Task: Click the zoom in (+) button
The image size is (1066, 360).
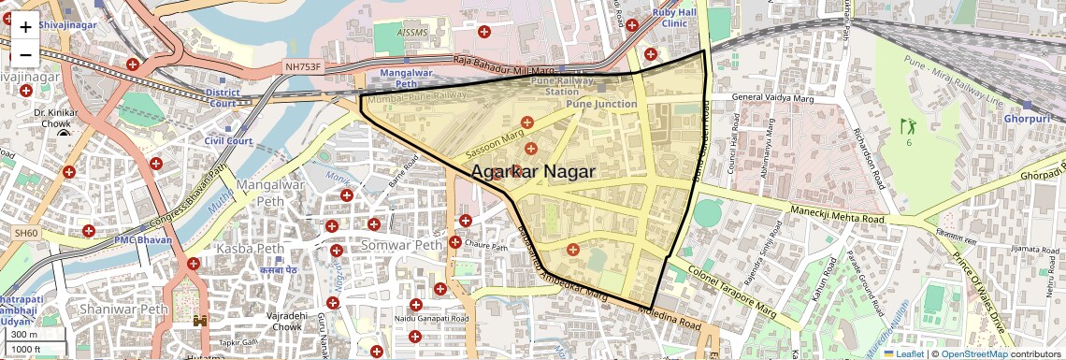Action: (x=25, y=26)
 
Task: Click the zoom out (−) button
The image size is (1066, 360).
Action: (x=25, y=53)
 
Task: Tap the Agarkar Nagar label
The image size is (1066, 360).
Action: (x=533, y=172)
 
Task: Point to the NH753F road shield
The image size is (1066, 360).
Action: (x=302, y=68)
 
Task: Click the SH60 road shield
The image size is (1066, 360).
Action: (x=25, y=232)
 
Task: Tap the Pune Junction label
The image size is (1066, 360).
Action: (x=601, y=104)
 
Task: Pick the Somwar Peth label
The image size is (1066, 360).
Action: (x=403, y=245)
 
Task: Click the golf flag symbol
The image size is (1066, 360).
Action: (x=905, y=124)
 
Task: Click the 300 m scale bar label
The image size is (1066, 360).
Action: (x=25, y=334)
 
